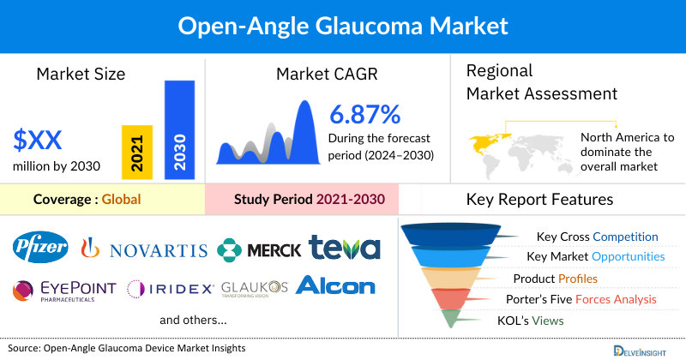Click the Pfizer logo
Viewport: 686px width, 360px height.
tap(40, 249)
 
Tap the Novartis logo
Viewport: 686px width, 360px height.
tap(143, 249)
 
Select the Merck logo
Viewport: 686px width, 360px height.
tap(259, 249)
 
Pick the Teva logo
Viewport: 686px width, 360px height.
tap(345, 248)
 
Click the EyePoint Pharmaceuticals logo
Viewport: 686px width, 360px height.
tap(64, 290)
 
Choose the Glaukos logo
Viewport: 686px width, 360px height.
tap(253, 288)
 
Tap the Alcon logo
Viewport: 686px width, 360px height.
tap(335, 285)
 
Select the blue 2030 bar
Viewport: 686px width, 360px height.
tap(179, 130)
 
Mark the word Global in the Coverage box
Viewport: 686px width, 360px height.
tap(121, 200)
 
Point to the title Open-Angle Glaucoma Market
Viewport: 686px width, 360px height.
tap(342, 25)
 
